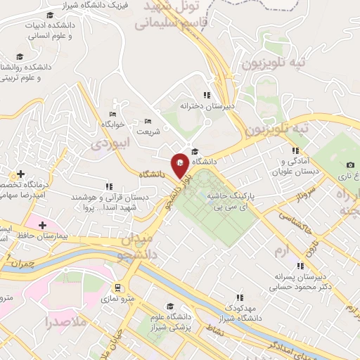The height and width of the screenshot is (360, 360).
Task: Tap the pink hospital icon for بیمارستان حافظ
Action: click(x=44, y=225)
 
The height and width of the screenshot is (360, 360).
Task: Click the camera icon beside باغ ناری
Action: click(x=350, y=165)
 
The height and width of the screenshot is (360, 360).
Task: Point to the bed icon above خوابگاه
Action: click(x=112, y=114)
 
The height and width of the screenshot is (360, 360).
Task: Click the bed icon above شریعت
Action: click(x=148, y=121)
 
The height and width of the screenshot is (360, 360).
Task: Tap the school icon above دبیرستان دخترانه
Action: click(x=207, y=95)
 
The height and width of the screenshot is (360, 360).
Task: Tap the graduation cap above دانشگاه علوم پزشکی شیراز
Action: click(x=169, y=307)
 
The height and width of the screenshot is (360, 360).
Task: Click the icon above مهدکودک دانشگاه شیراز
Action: click(x=239, y=297)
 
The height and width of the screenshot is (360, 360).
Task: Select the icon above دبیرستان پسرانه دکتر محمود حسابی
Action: click(x=300, y=266)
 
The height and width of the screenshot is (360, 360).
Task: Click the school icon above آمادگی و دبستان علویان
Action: click(x=295, y=150)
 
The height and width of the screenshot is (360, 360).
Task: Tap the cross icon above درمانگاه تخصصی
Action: click(x=22, y=174)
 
